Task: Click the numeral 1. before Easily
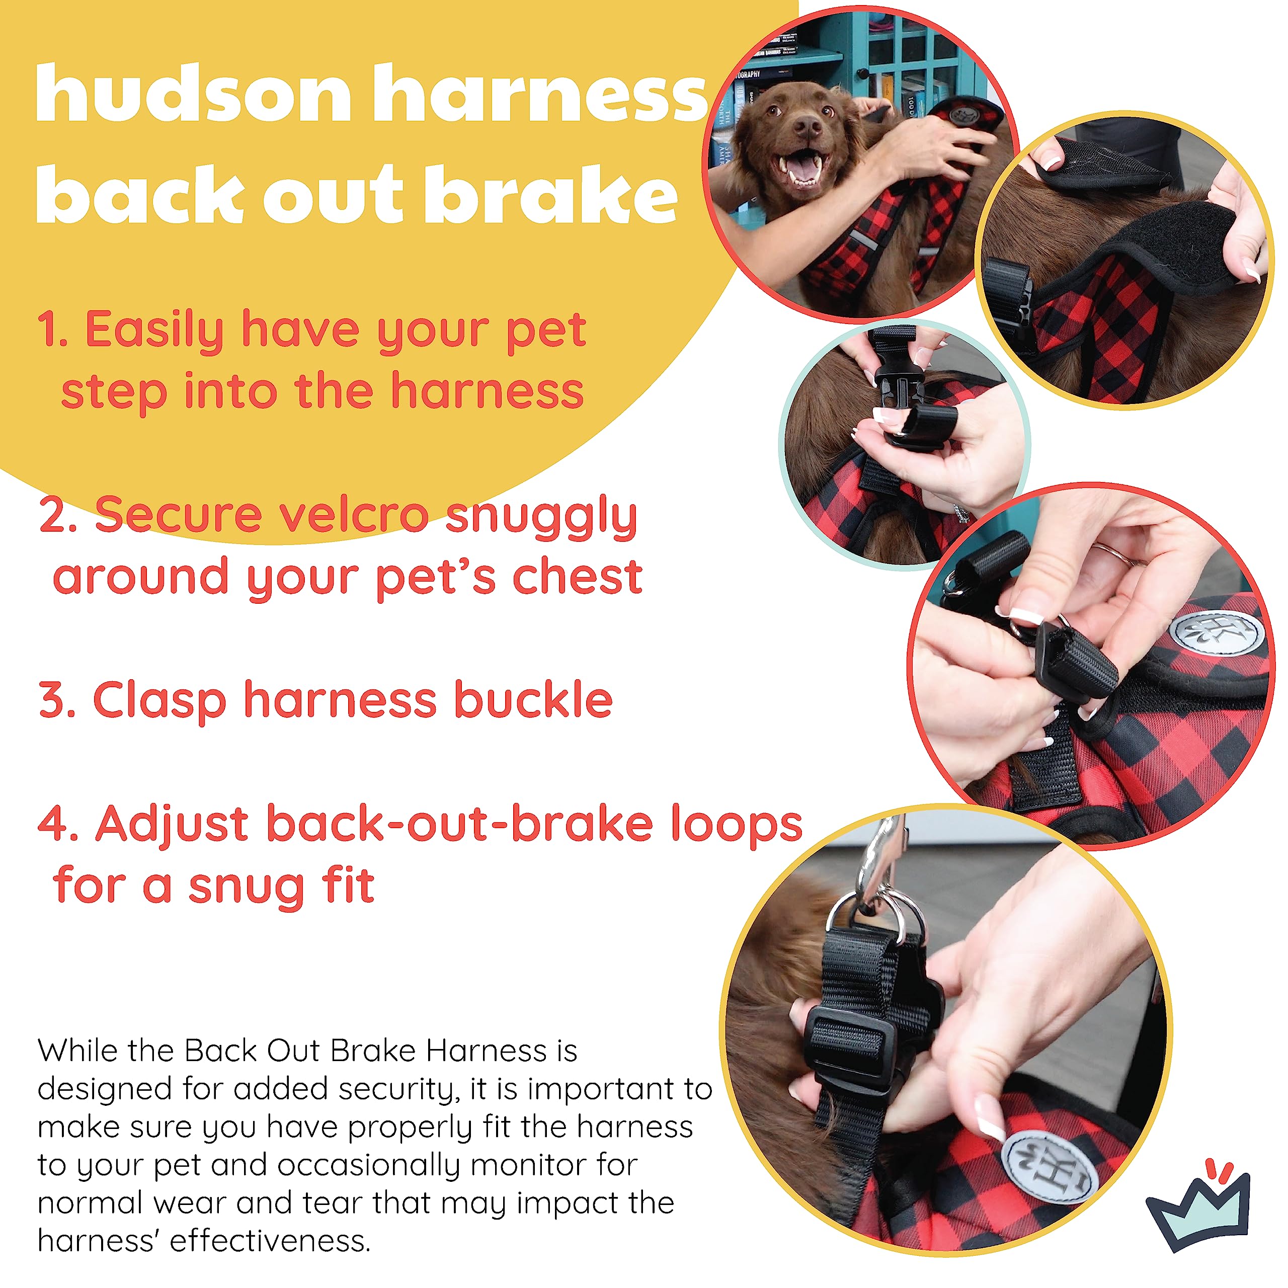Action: (53, 330)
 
